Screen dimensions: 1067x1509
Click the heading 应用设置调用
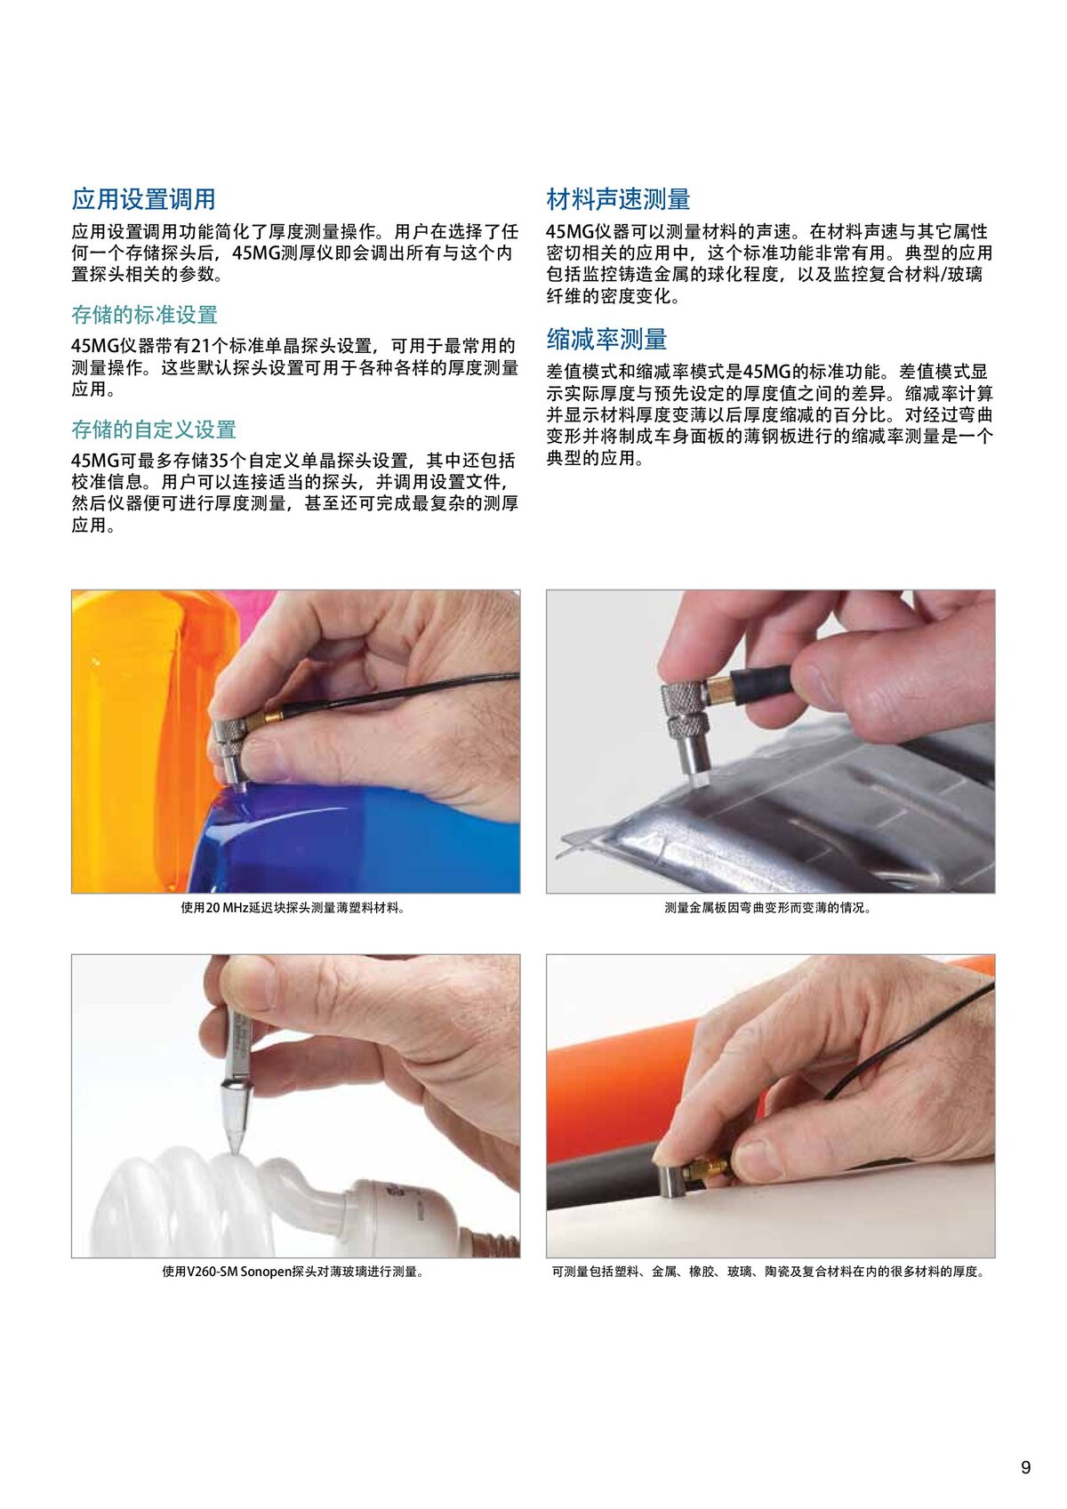[x=143, y=199]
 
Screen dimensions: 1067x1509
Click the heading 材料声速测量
[x=618, y=199]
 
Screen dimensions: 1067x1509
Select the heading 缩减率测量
[x=606, y=339]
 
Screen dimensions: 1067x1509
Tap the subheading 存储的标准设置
[x=144, y=315]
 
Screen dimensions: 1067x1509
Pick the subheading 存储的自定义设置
[x=154, y=429]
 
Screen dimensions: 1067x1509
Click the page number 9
[x=1025, y=1466]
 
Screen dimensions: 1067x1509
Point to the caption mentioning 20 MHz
[x=293, y=907]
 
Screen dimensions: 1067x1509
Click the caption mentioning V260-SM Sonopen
[x=293, y=1272]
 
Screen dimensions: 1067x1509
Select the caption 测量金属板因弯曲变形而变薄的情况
[x=768, y=907]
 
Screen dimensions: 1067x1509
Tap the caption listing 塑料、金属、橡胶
[x=768, y=1272]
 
